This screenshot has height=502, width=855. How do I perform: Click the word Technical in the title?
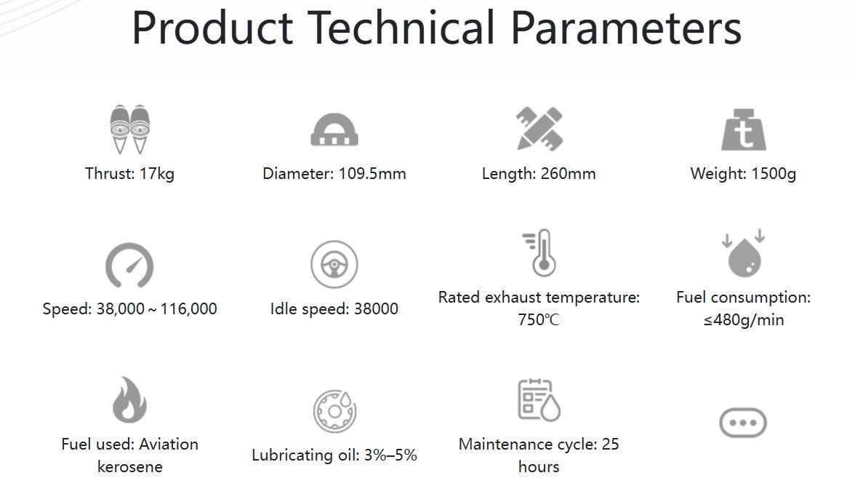coord(401,28)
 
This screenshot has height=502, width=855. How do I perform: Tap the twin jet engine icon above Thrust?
coord(129,129)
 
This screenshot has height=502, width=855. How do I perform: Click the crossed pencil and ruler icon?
coord(539,129)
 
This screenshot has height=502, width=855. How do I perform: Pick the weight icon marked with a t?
coord(744,130)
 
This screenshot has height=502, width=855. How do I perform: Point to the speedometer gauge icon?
coord(129,265)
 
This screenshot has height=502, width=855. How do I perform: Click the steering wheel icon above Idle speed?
coord(334,265)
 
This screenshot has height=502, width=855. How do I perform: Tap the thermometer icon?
coord(539,252)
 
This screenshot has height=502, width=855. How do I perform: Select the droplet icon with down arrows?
coord(744,253)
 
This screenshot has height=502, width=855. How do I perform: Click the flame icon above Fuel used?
coord(129,400)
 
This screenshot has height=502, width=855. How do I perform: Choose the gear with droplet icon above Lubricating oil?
coord(334,412)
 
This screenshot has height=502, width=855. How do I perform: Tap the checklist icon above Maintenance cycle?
coord(539,400)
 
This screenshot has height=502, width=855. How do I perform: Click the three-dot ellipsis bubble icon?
coord(743,423)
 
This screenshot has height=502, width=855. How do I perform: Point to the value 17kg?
coord(157,174)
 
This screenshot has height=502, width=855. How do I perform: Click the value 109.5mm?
coord(372,173)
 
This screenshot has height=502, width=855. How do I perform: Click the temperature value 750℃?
coord(539,319)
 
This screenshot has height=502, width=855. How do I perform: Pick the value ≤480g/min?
coord(744,320)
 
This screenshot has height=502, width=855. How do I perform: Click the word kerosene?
coord(129,467)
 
